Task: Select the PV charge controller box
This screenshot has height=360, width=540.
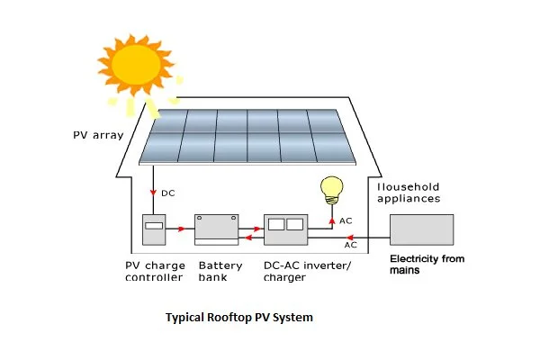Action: pos(156,230)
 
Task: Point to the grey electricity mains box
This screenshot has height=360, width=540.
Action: pos(420,229)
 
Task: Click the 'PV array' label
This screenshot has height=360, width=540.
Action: pos(96,137)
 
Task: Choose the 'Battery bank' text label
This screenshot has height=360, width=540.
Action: pos(220,272)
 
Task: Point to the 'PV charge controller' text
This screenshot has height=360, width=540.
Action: pos(154,272)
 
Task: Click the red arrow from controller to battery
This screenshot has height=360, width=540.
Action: pos(182,229)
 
